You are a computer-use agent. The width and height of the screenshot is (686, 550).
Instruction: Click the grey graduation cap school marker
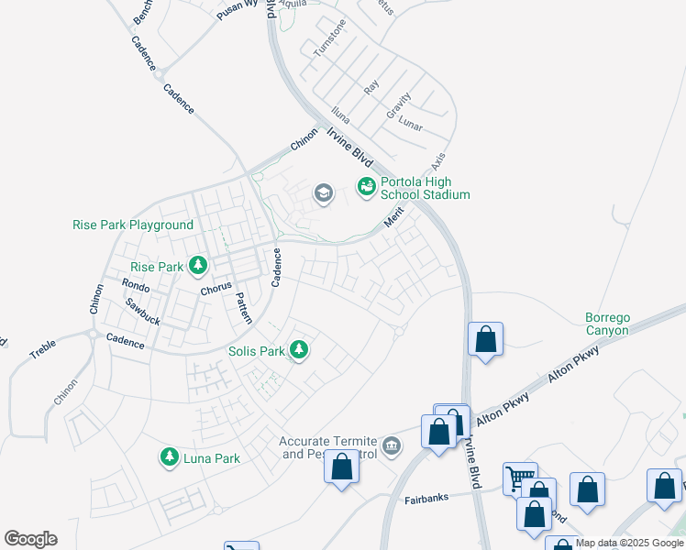coord(323,192)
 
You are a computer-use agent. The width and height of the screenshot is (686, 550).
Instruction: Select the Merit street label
coord(394,219)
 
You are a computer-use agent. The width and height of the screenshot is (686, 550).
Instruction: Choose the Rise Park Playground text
coord(133,225)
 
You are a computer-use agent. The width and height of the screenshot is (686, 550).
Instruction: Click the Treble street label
coord(42,348)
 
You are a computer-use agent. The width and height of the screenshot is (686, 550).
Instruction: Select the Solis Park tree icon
coord(298,349)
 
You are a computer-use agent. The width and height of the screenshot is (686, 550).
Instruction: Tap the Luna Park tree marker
coord(169,456)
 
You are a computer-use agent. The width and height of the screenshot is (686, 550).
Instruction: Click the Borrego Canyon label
coord(607,324)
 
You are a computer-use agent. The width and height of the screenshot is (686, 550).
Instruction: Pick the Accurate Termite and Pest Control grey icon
coord(392,445)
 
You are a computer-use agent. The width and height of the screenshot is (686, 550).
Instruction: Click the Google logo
coord(30,539)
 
